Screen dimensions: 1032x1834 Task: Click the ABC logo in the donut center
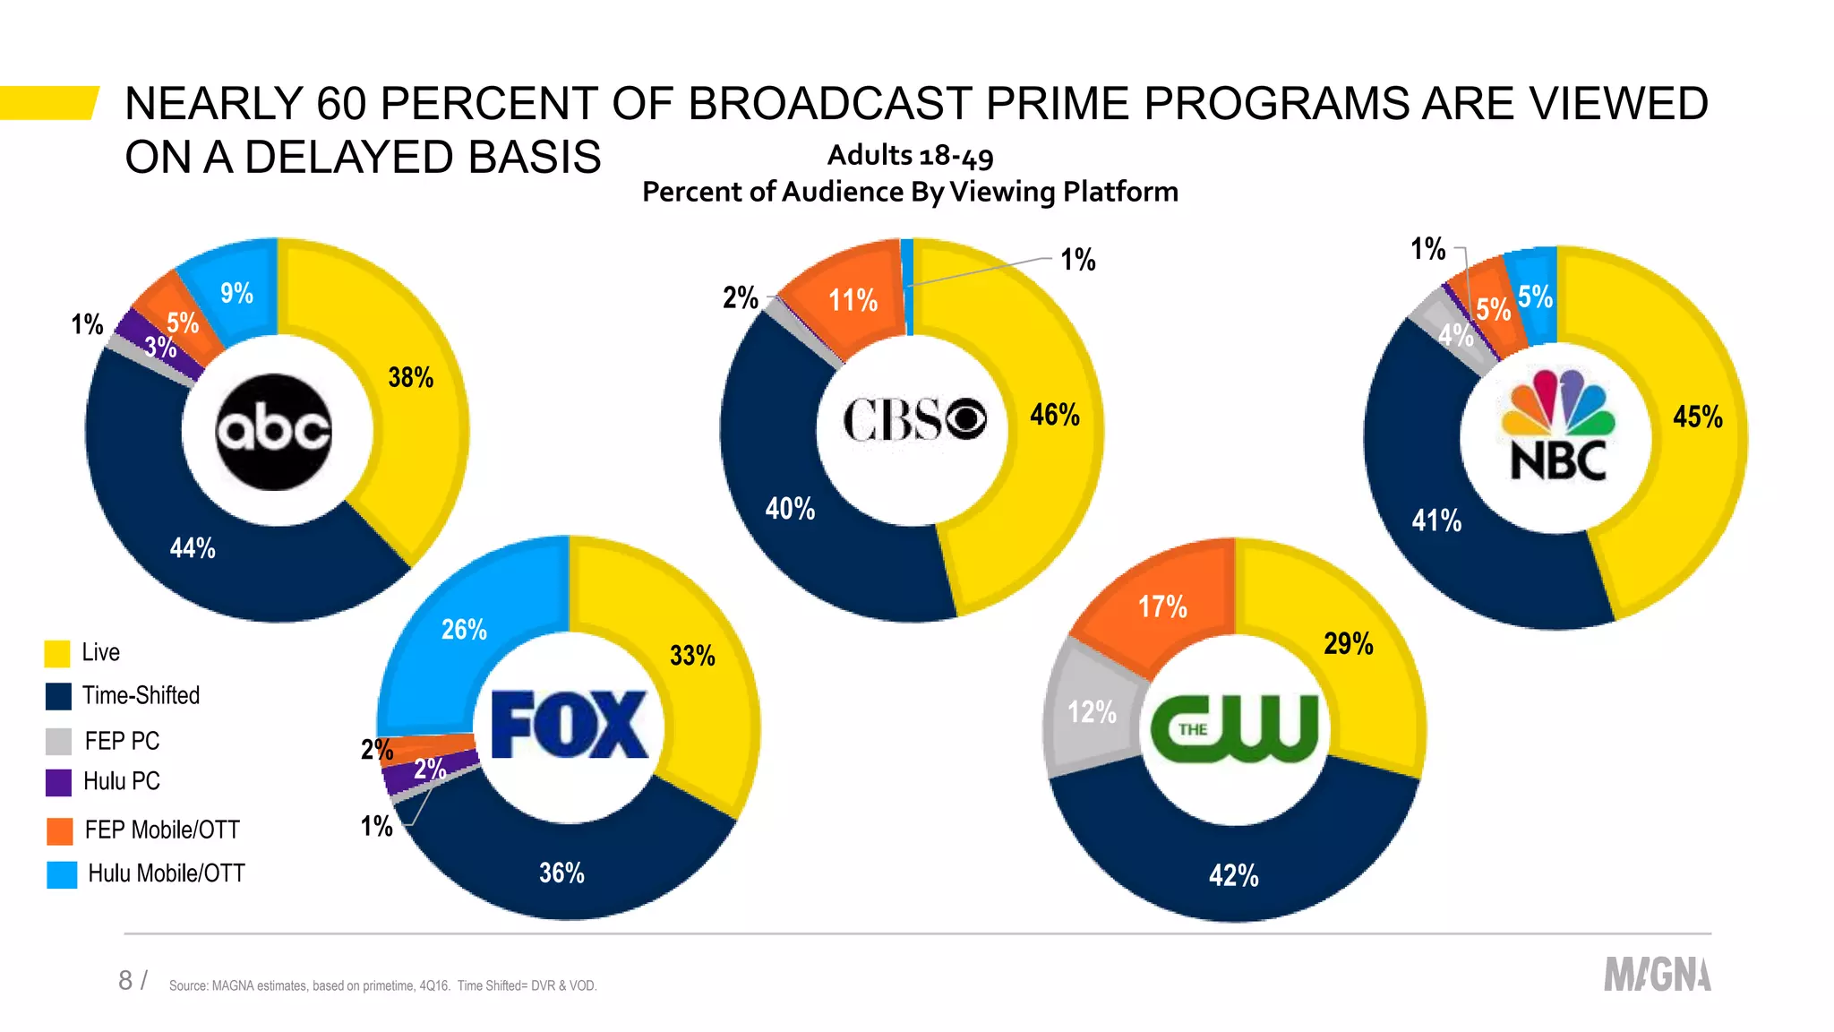coord(274,432)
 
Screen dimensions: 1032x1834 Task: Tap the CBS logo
coord(914,419)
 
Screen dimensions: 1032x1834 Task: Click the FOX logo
coord(570,725)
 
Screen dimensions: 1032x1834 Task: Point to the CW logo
coord(1234,727)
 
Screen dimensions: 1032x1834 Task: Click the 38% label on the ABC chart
coord(410,378)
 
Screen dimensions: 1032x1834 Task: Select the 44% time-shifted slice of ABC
coord(193,548)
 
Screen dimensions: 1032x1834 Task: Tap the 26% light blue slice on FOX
coord(464,630)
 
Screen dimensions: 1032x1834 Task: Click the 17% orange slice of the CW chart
coord(1162,607)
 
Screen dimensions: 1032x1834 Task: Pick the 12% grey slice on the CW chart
coord(1092,713)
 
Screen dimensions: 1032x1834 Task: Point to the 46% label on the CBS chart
coord(1054,415)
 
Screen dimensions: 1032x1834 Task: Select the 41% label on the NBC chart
coord(1435,520)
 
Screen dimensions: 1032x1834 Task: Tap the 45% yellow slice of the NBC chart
coord(1697,417)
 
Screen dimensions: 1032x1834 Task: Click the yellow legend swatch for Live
coord(57,653)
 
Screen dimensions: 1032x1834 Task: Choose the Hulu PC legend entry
coord(121,782)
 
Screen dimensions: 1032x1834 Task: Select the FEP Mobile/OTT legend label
coord(162,830)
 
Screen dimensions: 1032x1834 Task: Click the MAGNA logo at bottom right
coord(1657,975)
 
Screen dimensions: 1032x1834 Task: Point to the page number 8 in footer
coord(125,980)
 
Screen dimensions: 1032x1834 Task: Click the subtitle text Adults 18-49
coord(910,156)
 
